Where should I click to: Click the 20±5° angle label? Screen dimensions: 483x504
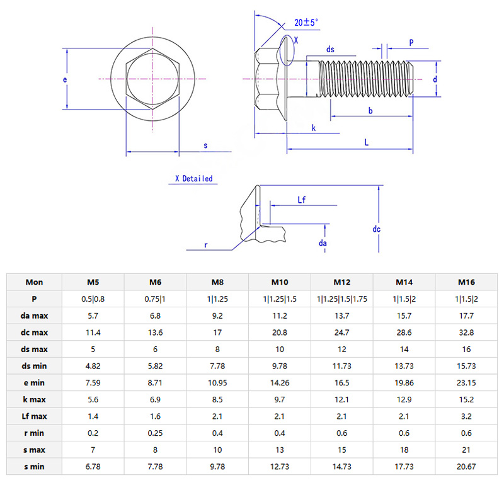306,23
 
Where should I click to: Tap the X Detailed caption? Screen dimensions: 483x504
194,179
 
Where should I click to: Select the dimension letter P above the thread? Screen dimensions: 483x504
411,43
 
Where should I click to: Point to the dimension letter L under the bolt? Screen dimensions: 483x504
367,142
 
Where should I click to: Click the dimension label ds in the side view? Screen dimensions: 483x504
330,50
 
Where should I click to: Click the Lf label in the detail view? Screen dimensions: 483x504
302,200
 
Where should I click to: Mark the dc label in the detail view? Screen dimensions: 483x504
376,229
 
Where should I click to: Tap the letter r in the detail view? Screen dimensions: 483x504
205,244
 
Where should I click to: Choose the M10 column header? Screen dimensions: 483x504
280,282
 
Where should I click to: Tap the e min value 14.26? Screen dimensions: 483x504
280,383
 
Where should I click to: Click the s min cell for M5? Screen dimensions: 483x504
93,467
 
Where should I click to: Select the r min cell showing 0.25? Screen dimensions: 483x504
155,433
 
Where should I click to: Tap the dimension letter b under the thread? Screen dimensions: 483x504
370,111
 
